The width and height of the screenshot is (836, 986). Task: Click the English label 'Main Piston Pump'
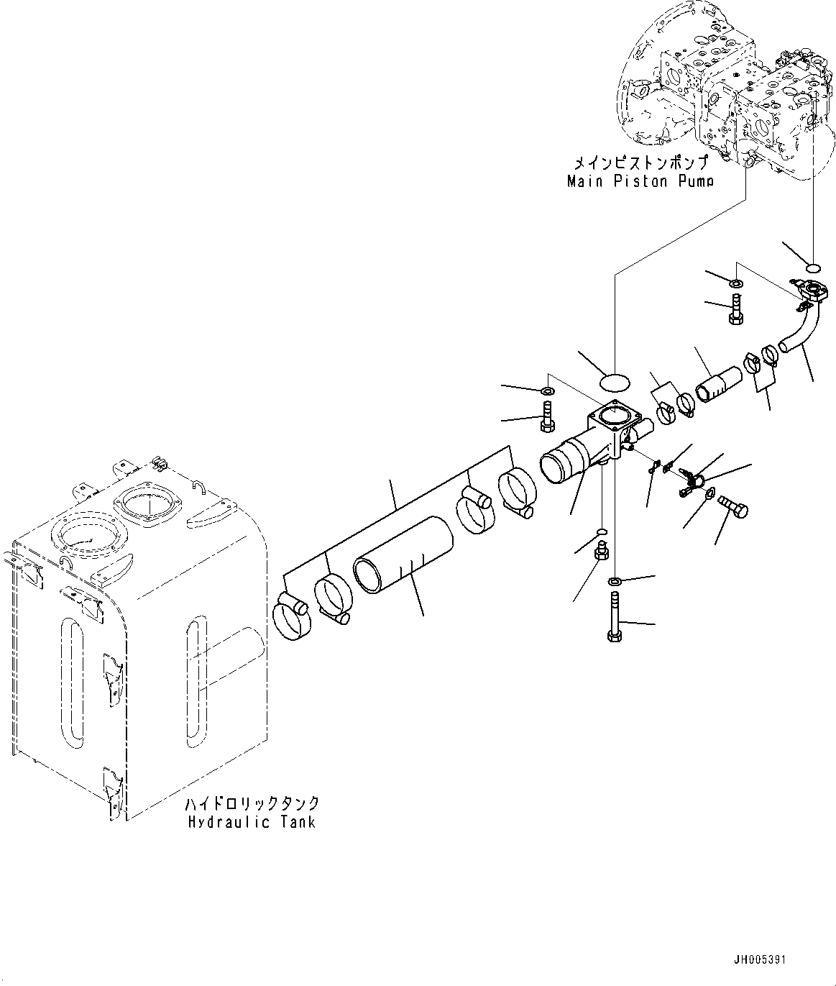(640, 181)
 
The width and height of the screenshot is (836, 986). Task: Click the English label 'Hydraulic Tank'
(252, 822)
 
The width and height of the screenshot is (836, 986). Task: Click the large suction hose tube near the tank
(404, 556)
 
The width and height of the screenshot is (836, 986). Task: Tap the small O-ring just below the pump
(814, 268)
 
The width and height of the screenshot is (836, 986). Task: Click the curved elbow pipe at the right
(799, 331)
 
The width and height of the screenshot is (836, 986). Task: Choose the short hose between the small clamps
(720, 383)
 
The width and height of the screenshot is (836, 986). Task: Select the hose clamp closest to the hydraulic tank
(290, 619)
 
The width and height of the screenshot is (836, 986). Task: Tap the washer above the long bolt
(615, 580)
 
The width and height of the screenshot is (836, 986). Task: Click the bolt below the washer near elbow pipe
(735, 311)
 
